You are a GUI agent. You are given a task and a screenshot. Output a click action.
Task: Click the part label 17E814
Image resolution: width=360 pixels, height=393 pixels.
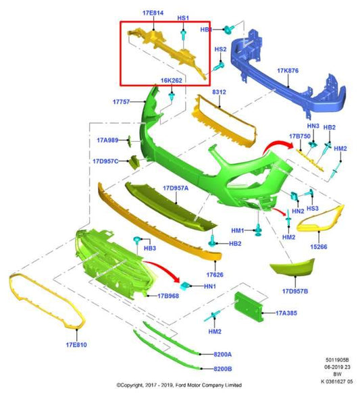153,13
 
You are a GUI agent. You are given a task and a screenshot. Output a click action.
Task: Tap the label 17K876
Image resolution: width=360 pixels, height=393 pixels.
288,71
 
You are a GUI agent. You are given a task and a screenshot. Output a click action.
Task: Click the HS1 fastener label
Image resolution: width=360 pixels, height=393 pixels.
183,18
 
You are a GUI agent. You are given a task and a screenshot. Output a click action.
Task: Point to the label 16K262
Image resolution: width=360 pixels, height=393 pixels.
172,80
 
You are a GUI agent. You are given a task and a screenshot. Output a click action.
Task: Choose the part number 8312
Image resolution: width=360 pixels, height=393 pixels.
219,92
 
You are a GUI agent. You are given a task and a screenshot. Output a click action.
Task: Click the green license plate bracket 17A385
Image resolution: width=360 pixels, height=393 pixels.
249,307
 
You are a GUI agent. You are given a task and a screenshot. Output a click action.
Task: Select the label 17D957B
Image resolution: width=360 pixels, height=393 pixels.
295,291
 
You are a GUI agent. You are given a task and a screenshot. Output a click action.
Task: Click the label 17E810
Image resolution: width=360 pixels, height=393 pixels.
76,345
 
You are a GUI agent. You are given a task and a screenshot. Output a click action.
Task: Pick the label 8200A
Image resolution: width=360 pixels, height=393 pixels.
223,355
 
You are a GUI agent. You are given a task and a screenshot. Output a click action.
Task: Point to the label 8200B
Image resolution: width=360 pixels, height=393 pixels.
223,369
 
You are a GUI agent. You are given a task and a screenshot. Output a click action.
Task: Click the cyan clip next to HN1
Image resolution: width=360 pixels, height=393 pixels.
185,286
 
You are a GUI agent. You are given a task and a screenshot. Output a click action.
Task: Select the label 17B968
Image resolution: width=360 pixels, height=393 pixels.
168,296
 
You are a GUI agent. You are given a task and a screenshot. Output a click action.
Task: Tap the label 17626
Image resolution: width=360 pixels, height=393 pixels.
215,275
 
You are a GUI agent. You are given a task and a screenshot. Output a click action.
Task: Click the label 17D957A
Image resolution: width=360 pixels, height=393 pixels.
176,188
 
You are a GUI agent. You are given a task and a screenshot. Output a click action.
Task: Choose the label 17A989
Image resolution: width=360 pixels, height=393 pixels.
107,140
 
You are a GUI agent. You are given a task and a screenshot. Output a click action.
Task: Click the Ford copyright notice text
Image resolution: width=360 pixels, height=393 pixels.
179,385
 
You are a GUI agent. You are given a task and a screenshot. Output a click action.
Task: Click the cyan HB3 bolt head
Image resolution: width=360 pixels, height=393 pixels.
137,239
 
